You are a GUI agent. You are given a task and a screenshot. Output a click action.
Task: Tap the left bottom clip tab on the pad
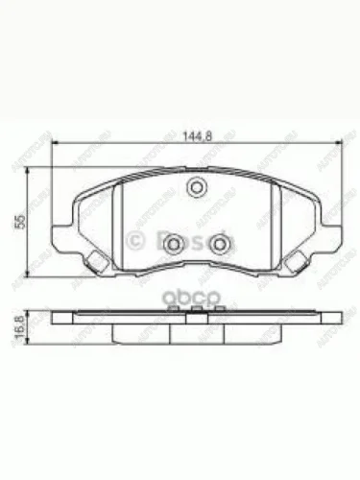coord(95,262)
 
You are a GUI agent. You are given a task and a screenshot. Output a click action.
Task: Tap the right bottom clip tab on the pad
coord(297,262)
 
